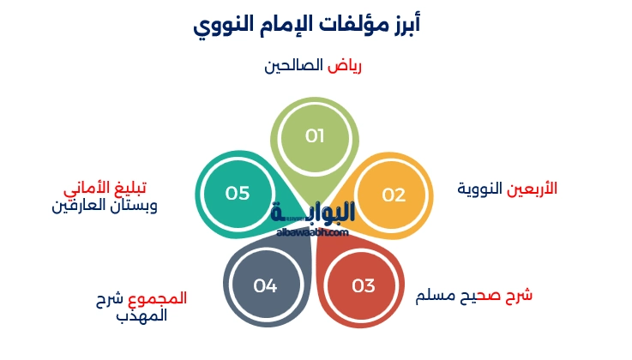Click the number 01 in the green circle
[x=315, y=136]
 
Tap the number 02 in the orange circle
[x=394, y=195]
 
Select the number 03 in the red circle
[x=364, y=285]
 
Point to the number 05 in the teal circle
[x=238, y=193]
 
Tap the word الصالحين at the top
[x=297, y=66]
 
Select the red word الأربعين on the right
[x=533, y=188]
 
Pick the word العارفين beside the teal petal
[x=85, y=206]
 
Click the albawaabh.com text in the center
[x=312, y=231]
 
